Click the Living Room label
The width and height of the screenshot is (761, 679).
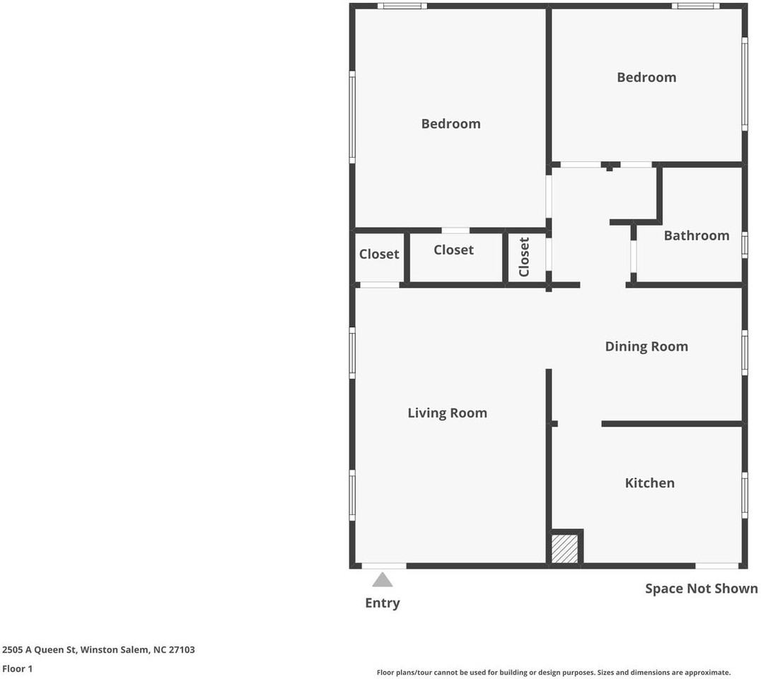(447, 413)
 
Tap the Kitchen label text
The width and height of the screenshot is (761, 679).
(649, 483)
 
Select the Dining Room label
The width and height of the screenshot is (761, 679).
(646, 347)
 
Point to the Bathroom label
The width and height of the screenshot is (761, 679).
(696, 236)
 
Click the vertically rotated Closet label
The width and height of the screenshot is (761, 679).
(524, 257)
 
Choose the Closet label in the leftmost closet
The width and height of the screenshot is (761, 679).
(379, 255)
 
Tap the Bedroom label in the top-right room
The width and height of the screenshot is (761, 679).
(646, 78)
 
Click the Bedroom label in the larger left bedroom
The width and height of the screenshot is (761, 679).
(451, 124)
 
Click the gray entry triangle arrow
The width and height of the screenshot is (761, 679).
(383, 580)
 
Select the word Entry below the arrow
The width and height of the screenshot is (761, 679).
(383, 603)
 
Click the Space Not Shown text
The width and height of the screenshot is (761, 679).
(701, 588)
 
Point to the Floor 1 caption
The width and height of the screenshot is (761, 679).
(17, 668)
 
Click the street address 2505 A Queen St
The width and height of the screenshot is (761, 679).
(98, 649)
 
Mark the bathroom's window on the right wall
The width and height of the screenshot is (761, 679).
(744, 245)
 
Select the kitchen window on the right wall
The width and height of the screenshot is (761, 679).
(744, 495)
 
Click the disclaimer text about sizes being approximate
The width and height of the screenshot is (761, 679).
(553, 673)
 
